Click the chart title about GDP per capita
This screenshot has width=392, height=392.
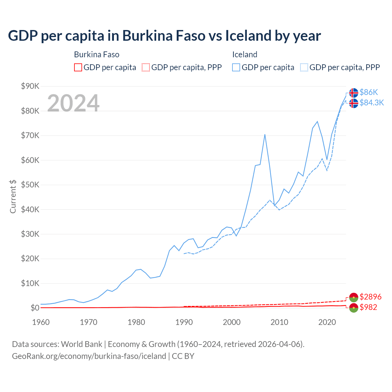164,36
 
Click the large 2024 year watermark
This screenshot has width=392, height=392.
73,103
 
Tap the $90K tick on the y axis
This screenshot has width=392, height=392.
30,86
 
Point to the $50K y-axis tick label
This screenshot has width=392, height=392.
30,185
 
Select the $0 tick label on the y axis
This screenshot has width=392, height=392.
35,308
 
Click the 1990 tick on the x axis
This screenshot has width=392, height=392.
184,322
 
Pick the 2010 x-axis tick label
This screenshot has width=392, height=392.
279,322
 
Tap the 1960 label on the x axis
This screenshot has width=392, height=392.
41,322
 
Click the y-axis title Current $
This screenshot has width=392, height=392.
13,196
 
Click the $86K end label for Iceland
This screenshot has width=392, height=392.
369,92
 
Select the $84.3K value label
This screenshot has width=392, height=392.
371,103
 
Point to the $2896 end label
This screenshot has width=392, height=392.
371,297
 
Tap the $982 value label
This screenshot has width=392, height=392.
368,307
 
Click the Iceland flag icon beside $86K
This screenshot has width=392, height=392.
354,92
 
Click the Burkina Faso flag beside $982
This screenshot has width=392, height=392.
354,308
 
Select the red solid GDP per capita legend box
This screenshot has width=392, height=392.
78,67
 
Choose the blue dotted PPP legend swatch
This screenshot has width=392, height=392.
304,67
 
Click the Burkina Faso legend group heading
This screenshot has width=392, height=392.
96,55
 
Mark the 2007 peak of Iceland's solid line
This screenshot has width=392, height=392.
265,134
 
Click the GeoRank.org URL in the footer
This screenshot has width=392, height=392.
89,356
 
